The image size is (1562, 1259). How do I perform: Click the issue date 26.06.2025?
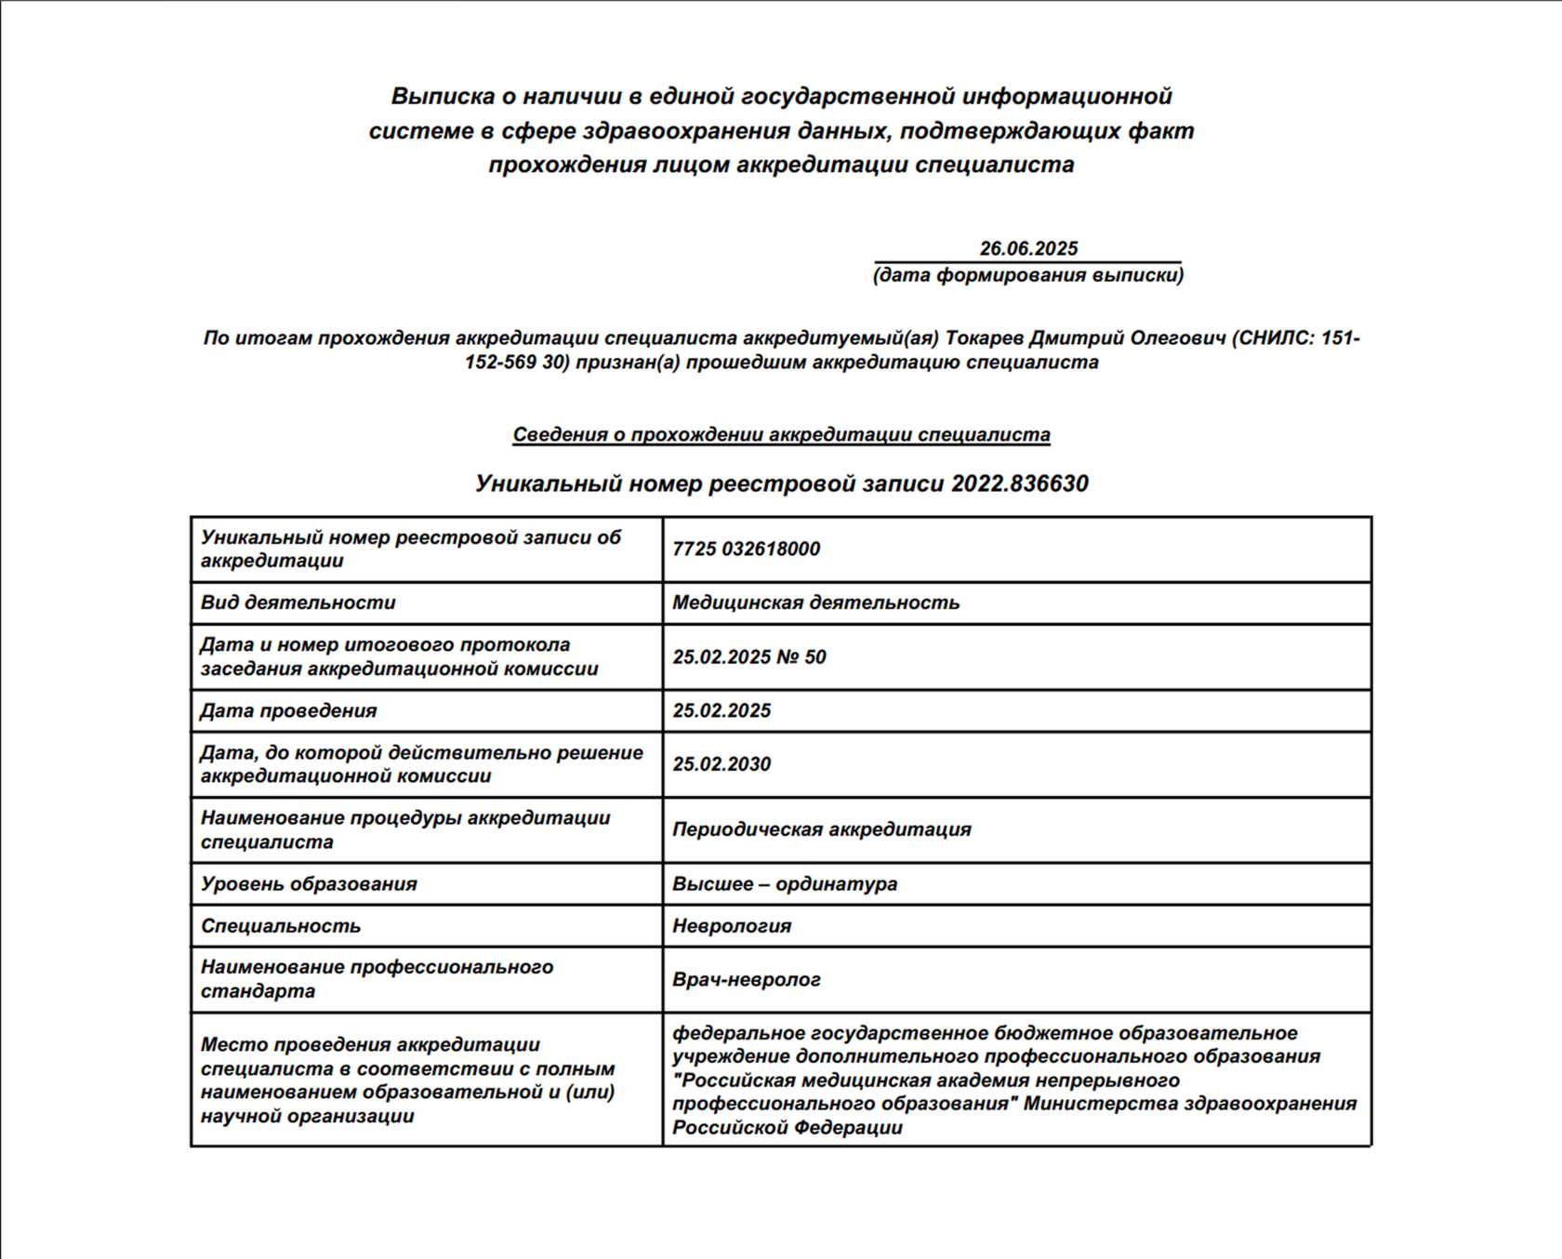[x=1028, y=248]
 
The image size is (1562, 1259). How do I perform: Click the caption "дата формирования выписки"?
[x=1028, y=275]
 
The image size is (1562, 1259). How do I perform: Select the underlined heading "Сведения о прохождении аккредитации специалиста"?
[x=781, y=435]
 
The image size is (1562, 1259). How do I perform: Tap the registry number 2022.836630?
[x=1019, y=484]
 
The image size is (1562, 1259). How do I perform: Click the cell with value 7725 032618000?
[x=746, y=549]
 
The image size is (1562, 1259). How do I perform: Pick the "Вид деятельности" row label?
[x=298, y=603]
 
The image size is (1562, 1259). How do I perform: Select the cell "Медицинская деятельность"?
[x=815, y=603]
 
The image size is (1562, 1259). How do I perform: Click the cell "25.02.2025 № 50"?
[x=749, y=657]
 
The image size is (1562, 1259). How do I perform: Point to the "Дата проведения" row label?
[x=288, y=711]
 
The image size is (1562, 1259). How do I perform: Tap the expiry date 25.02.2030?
[x=721, y=764]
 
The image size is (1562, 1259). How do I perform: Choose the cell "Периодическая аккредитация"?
[x=821, y=829]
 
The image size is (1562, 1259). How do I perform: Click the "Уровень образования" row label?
[x=309, y=884]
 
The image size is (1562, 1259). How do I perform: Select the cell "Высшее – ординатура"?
[x=785, y=884]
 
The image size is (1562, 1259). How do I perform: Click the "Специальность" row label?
[x=281, y=926]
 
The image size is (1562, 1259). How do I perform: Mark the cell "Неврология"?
[x=732, y=926]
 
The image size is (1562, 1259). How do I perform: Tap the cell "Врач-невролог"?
[x=747, y=980]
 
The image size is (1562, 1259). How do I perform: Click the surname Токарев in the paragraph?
[x=984, y=338]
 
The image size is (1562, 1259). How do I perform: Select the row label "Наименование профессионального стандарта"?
[x=377, y=979]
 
